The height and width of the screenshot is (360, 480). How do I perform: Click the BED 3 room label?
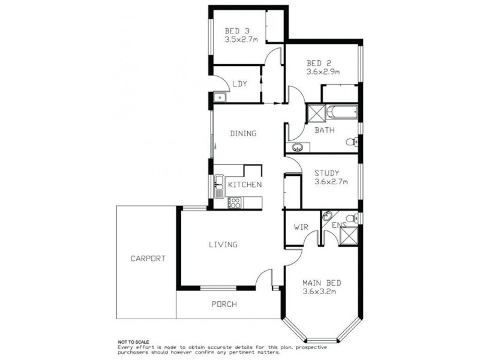pyautogui.click(x=233, y=31)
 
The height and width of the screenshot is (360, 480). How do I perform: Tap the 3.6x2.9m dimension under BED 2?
pyautogui.click(x=323, y=71)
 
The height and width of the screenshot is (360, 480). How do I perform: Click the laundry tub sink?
pyautogui.click(x=219, y=97)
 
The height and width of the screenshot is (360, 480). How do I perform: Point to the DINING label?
pyautogui.click(x=243, y=133)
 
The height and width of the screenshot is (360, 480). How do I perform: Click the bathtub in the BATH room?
pyautogui.click(x=342, y=112)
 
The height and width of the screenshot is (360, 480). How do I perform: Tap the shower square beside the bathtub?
pyautogui.click(x=316, y=112)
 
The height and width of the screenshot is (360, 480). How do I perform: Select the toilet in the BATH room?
pyautogui.click(x=352, y=142)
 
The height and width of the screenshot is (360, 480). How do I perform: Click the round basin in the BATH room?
pyautogui.click(x=297, y=147)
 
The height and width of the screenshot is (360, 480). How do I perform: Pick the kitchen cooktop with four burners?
pyautogui.click(x=234, y=203)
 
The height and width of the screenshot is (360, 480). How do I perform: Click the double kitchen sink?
pyautogui.click(x=219, y=185)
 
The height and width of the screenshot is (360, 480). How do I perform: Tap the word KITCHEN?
pyautogui.click(x=245, y=185)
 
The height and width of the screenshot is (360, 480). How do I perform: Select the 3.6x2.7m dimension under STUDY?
pyautogui.click(x=332, y=182)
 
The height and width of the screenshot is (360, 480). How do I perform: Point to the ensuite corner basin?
pyautogui.click(x=327, y=216)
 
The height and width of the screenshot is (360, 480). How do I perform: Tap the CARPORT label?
pyautogui.click(x=147, y=259)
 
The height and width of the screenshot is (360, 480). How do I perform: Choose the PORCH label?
pyautogui.click(x=224, y=304)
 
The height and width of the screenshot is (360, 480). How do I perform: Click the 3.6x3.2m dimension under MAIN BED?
pyautogui.click(x=319, y=292)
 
